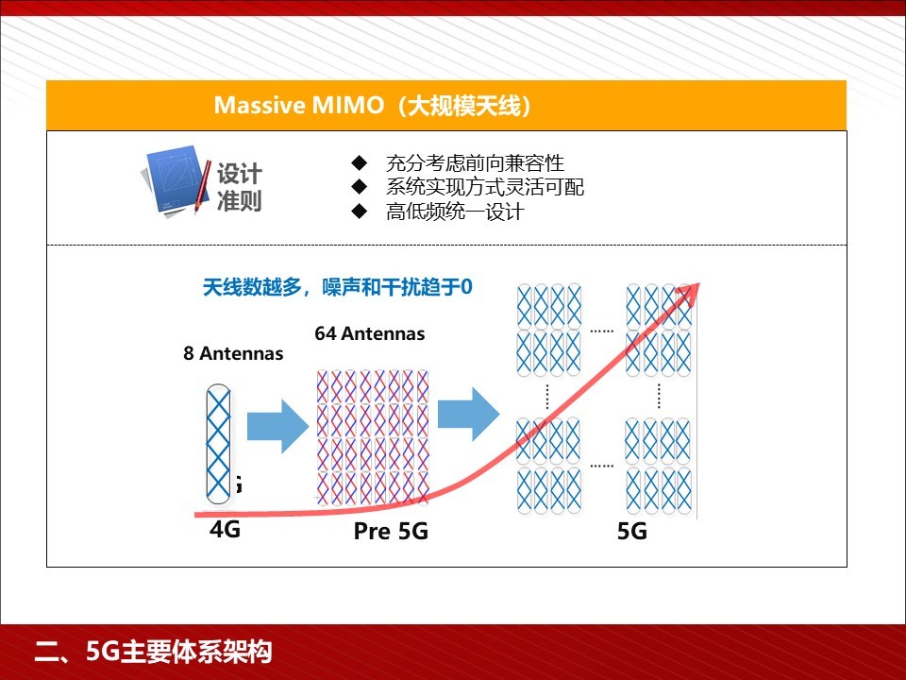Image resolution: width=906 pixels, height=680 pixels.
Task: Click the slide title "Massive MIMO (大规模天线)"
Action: (x=373, y=105)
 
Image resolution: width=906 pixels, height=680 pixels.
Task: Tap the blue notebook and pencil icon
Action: (x=176, y=181)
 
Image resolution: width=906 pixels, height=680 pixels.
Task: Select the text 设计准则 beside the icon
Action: (x=239, y=187)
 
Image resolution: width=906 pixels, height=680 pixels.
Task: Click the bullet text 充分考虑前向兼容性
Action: (x=475, y=163)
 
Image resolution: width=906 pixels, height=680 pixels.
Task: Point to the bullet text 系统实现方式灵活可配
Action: (x=485, y=187)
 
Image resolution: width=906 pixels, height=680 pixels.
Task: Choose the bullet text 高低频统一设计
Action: (x=455, y=212)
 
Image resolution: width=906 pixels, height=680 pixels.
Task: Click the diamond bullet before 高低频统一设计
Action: (x=360, y=211)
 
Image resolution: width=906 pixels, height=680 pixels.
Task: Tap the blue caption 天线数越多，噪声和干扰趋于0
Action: (x=338, y=287)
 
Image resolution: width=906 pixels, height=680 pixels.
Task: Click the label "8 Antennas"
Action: (x=233, y=353)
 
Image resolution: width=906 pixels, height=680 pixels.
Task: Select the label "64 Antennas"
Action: (x=370, y=333)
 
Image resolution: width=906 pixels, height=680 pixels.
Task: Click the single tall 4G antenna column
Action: (x=218, y=444)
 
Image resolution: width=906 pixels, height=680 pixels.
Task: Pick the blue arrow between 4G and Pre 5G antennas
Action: (x=277, y=426)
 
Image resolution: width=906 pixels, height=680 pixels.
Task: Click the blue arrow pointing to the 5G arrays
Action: (x=469, y=414)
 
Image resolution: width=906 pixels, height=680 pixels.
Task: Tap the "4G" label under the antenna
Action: (x=225, y=529)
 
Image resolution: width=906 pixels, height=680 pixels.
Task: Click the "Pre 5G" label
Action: (x=391, y=531)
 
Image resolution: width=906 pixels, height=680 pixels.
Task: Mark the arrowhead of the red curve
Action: (x=699, y=283)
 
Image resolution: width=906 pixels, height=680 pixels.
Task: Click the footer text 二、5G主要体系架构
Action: (x=153, y=652)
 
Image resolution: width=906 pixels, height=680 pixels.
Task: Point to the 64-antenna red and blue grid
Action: (x=374, y=437)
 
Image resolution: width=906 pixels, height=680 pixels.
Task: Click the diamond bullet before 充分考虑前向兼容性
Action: (x=360, y=162)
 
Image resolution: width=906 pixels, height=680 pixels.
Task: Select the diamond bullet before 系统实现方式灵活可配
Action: (x=360, y=187)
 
